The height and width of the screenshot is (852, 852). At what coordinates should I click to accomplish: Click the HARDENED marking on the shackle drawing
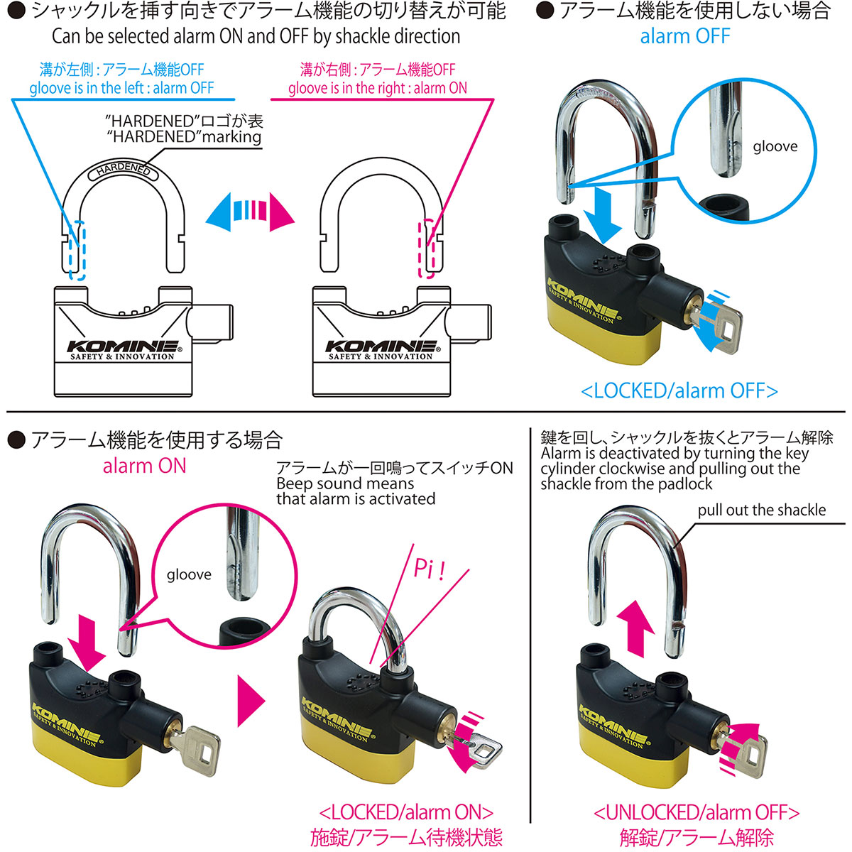click(123, 170)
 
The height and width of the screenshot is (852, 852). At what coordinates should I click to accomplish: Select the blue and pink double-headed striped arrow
click(249, 212)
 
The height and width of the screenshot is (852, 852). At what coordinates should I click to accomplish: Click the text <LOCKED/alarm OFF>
click(679, 391)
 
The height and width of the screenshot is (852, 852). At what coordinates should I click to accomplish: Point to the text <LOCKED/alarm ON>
click(406, 812)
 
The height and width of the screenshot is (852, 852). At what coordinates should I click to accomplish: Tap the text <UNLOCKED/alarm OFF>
click(697, 812)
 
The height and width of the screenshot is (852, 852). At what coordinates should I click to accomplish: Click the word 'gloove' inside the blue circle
click(775, 147)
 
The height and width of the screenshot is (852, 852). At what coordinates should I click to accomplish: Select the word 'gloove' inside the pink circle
click(189, 574)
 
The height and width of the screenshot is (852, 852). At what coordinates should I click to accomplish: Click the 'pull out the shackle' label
click(761, 510)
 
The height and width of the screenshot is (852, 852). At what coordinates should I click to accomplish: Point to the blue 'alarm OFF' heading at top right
click(684, 36)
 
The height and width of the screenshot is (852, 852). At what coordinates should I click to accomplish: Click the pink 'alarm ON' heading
click(144, 466)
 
